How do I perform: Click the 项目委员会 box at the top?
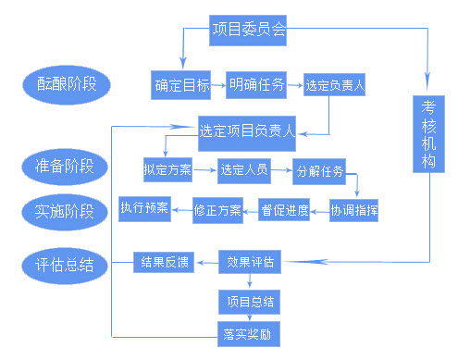point(247,31)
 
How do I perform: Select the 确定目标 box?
point(180,85)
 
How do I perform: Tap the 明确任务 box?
point(257,84)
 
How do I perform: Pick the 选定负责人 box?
point(336,86)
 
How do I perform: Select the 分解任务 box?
point(319,170)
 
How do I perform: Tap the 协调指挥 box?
point(355,210)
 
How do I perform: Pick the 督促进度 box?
point(284,210)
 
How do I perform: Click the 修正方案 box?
point(217,210)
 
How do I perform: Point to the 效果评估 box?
point(250,262)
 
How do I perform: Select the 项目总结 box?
point(250,302)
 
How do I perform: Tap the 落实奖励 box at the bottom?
point(250,331)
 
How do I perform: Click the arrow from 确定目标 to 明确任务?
point(218,85)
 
